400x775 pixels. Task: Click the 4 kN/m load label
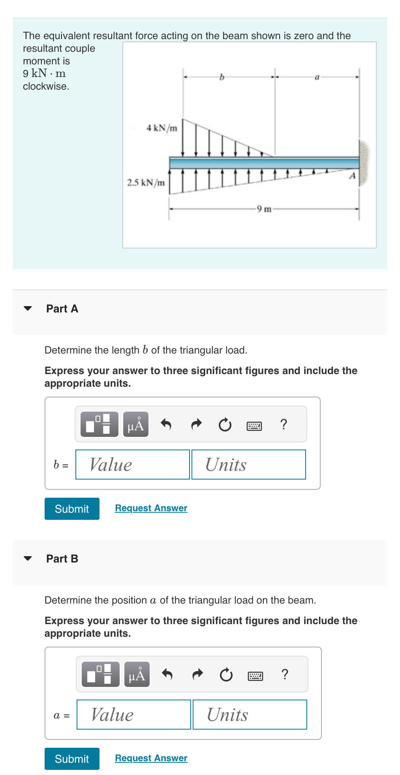coord(162,128)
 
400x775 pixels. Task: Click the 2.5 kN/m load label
coord(145,182)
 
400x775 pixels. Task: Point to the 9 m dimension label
coord(264,209)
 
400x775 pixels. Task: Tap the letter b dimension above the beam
coord(222,77)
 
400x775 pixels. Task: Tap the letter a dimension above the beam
coord(317,77)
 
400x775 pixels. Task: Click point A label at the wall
coord(352,176)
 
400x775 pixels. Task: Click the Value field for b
coord(133,465)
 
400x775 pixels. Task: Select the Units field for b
coord(249,465)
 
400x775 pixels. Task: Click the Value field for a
coord(134,715)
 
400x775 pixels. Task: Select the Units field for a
coord(250,715)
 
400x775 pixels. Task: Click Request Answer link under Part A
coord(151,508)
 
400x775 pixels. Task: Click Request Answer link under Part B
coord(151,758)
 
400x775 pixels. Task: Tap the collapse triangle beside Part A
coord(28,308)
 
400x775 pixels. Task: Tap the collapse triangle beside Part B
coord(28,559)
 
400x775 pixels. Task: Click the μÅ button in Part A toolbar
coord(136,424)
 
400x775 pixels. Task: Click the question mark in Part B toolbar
coord(285,674)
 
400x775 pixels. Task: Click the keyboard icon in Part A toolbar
coord(254,426)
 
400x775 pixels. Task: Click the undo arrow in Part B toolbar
coord(167,674)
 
